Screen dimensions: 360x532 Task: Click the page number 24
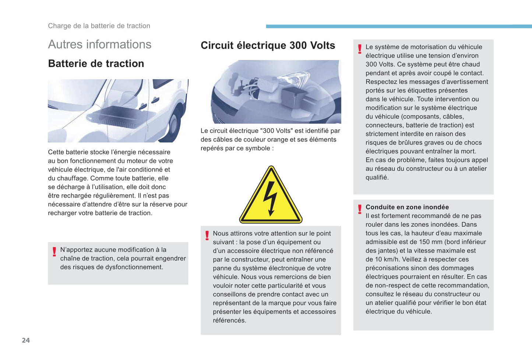pos(26,340)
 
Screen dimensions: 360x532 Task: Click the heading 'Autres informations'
pos(99,44)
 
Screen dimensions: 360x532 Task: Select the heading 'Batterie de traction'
pos(96,63)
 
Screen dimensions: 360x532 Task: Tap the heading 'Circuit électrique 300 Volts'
pos(268,45)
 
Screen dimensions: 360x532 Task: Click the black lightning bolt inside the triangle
pos(271,197)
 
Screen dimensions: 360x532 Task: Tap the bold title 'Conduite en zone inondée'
pos(407,207)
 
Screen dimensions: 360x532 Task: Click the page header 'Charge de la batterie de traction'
pos(99,26)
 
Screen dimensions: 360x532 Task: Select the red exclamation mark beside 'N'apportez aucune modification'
pos(54,252)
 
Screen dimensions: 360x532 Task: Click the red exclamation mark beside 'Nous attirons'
pos(207,235)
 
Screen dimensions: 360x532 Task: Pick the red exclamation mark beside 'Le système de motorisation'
pos(360,49)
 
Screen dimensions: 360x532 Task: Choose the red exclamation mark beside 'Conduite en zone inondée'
pos(360,209)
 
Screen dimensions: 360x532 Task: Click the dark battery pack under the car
pos(118,117)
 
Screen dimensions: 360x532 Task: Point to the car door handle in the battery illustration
pos(155,100)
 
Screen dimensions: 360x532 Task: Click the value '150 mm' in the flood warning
pos(430,242)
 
